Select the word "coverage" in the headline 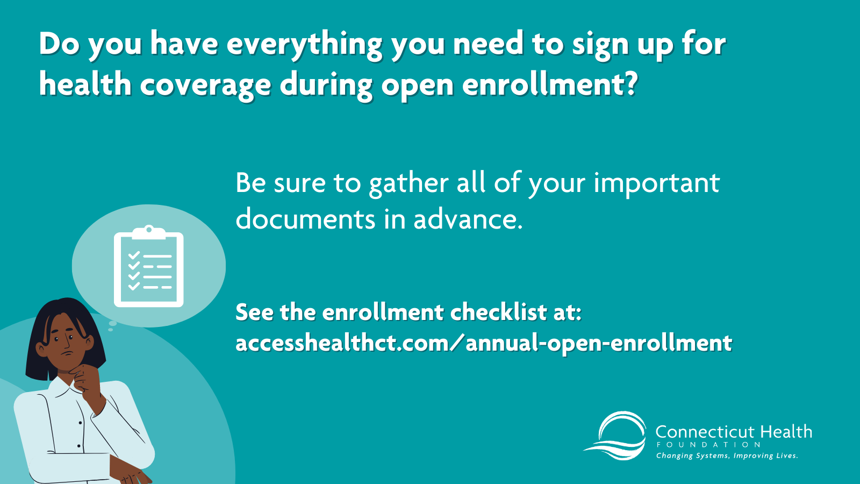(x=205, y=87)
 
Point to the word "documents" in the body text (x=306, y=219)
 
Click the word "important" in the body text (x=656, y=184)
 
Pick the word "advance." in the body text (x=468, y=219)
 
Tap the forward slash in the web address (x=456, y=343)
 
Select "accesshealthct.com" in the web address (x=342, y=343)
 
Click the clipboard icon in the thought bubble (x=148, y=267)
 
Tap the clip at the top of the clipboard (x=149, y=232)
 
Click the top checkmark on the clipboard (x=134, y=255)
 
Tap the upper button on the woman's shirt (x=80, y=423)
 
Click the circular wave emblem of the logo (x=615, y=436)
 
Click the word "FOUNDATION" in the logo (x=709, y=445)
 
